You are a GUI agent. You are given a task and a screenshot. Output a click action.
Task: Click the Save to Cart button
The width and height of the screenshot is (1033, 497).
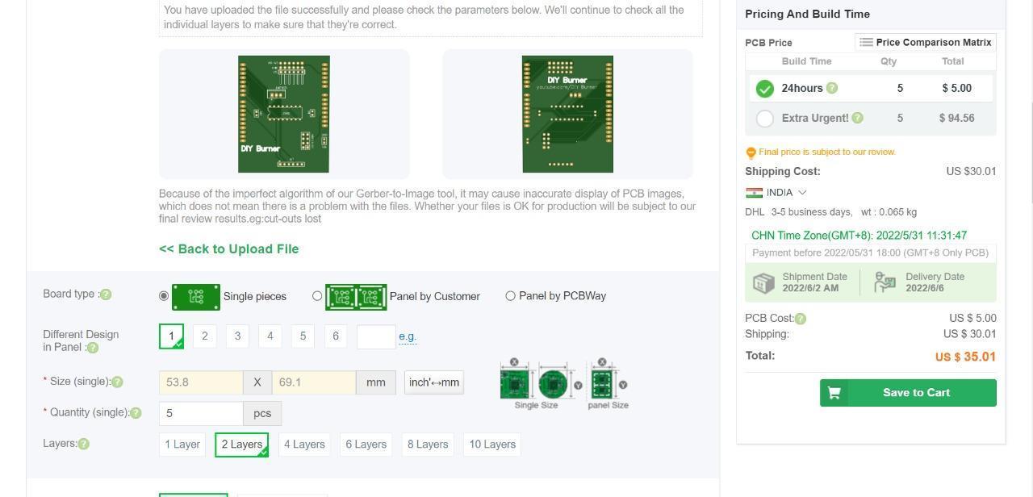(x=908, y=393)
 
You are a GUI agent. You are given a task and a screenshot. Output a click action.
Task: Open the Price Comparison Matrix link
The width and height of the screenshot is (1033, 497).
(x=925, y=43)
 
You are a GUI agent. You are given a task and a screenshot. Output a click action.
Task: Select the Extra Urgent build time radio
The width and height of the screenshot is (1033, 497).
(x=765, y=119)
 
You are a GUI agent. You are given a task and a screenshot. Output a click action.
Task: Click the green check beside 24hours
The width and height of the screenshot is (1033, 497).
(x=765, y=89)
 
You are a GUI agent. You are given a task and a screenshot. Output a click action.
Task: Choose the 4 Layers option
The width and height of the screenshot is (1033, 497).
(x=304, y=445)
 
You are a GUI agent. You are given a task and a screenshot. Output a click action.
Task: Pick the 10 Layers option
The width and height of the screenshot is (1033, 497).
(x=492, y=445)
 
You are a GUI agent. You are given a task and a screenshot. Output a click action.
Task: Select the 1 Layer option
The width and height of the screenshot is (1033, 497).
(x=182, y=445)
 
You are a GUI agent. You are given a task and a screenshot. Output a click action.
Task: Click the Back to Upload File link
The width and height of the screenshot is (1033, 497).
(x=229, y=249)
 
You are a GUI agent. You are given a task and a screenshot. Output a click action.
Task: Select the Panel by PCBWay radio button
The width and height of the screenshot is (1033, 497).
(x=510, y=296)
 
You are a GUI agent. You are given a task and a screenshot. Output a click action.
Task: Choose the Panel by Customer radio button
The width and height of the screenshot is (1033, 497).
(x=317, y=296)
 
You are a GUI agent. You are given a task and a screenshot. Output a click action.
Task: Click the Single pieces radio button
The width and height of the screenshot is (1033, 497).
(x=164, y=296)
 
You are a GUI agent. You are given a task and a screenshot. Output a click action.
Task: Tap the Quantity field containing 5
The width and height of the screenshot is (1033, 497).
(x=201, y=413)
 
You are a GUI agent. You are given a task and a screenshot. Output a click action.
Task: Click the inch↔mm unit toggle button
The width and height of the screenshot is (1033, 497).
(x=434, y=382)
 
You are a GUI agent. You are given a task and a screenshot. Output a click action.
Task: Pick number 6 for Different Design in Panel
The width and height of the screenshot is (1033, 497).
(x=336, y=336)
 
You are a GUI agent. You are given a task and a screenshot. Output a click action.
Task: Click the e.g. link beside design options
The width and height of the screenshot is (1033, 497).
(x=408, y=336)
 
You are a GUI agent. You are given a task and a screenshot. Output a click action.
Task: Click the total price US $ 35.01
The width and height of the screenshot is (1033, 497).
(x=965, y=357)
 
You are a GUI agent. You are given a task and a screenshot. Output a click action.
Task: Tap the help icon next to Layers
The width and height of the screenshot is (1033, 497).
(x=84, y=444)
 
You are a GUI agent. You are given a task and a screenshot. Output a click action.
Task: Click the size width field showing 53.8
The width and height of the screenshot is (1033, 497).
(x=201, y=382)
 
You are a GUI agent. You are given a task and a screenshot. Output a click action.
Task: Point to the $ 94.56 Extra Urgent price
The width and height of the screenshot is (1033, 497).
(x=956, y=119)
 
